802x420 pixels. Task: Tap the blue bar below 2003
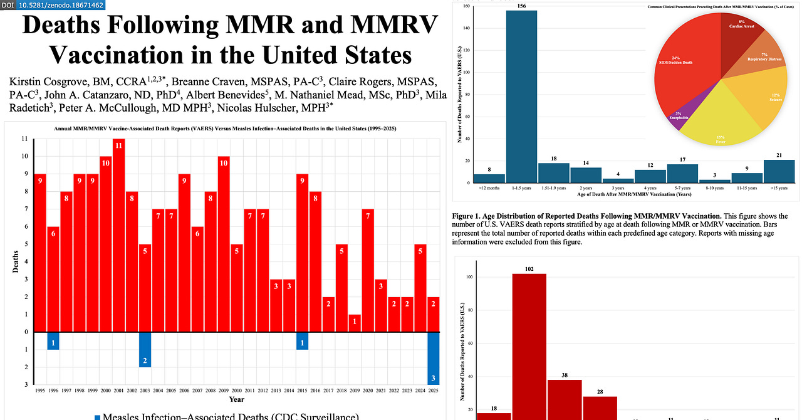point(145,349)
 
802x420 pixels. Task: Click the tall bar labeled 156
point(521,97)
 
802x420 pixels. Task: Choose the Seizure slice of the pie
point(755,94)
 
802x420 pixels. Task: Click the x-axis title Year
point(236,399)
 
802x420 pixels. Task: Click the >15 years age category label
point(779,187)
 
